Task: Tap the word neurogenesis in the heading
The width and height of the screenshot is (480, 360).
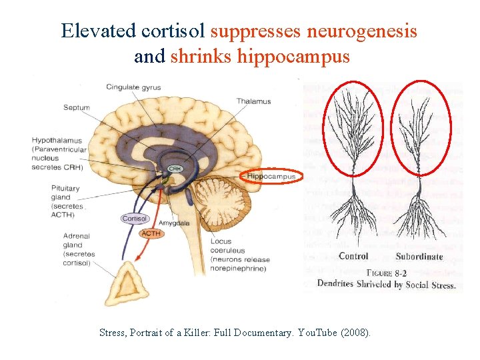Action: point(362,31)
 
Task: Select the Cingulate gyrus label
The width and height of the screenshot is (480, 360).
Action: point(133,87)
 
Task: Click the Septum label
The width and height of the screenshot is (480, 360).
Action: point(77,107)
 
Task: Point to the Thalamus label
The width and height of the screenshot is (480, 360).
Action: point(253,101)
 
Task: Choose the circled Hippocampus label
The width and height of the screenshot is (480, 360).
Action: point(271,177)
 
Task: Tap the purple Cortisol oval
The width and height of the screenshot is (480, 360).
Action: point(134,219)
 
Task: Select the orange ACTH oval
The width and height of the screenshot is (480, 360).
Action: point(151,233)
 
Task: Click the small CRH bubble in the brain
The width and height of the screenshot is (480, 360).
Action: point(174,169)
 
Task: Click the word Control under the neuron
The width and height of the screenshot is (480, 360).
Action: point(353,257)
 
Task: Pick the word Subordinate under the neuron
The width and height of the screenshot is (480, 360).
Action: point(419,257)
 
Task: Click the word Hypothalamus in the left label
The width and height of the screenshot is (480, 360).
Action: point(57,140)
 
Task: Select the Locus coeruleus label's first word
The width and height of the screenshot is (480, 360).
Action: point(221,241)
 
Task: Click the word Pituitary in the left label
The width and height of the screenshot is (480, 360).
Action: point(65,189)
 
